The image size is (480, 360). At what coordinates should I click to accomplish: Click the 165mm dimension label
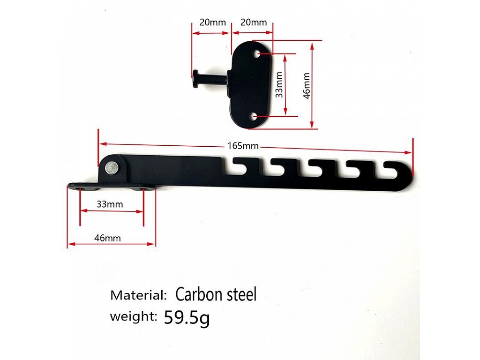coord(243,146)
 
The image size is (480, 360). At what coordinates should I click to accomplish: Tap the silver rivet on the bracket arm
coord(112,168)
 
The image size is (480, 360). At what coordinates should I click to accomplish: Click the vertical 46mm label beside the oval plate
coord(307,86)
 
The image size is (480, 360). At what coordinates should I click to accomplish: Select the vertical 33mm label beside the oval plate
coord(279,85)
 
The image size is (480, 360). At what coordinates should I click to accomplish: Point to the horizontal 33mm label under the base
coord(110,204)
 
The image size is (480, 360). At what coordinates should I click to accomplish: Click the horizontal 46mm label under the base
coord(107,238)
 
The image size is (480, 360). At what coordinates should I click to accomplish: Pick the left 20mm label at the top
coord(213,22)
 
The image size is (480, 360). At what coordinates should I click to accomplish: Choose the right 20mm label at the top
coord(254,22)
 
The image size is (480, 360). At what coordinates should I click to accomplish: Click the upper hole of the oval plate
coord(256,54)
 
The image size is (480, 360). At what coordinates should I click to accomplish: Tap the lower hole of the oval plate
coord(254,116)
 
